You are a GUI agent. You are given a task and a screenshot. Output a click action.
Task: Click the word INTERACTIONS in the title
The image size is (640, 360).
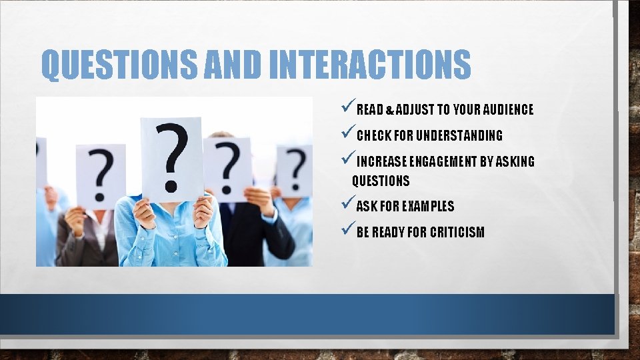click(x=370, y=65)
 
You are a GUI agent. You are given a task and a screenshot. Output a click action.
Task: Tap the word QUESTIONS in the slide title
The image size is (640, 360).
click(x=118, y=65)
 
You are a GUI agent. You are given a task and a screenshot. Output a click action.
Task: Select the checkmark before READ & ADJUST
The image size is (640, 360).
click(x=347, y=107)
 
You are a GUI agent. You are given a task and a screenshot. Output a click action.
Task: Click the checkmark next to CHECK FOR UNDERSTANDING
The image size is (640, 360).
click(x=347, y=133)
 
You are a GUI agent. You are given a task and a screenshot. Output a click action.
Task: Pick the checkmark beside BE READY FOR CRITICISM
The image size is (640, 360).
click(x=347, y=230)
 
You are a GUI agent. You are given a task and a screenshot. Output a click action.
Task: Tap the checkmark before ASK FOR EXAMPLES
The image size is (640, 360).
click(x=347, y=204)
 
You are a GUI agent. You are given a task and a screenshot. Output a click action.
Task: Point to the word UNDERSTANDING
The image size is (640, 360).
click(x=459, y=136)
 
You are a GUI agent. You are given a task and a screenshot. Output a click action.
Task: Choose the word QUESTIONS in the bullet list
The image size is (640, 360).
click(x=381, y=181)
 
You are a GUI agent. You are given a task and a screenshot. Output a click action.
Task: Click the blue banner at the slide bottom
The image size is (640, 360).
click(x=307, y=314)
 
